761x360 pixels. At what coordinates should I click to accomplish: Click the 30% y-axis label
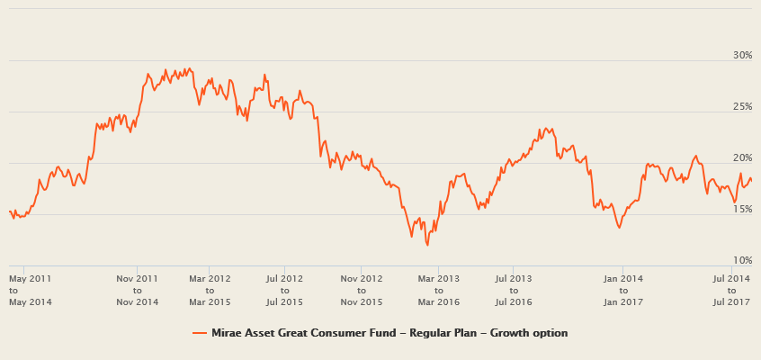(x=742, y=55)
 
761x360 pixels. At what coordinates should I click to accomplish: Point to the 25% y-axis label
(x=742, y=106)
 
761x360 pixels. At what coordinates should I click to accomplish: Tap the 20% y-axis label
(x=742, y=157)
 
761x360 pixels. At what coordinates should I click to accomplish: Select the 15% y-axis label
(x=742, y=209)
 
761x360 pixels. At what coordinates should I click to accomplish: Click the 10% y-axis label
(x=742, y=260)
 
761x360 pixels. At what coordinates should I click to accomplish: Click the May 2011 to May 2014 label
(x=30, y=289)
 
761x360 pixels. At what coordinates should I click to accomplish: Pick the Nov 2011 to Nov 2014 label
(x=137, y=289)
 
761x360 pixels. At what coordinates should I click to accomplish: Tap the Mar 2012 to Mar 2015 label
(x=210, y=289)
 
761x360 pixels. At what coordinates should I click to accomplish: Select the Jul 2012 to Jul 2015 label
(x=284, y=289)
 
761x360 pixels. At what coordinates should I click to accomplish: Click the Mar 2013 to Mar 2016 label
(x=438, y=289)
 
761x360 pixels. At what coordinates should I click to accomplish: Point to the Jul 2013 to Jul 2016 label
(x=514, y=289)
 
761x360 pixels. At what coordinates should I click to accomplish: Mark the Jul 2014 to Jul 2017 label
(x=731, y=289)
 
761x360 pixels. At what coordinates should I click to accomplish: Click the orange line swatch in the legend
(x=200, y=333)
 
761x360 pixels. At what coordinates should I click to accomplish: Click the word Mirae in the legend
(x=227, y=333)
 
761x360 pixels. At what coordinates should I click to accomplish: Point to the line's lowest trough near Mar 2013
(x=427, y=245)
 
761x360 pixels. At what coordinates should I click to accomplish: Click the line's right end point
(x=751, y=179)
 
